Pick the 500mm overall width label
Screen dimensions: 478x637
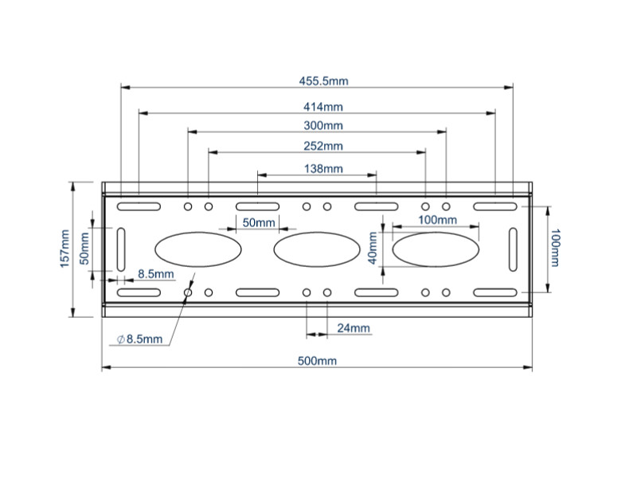317,361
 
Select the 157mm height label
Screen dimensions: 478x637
64,249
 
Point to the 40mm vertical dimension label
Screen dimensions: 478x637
371,249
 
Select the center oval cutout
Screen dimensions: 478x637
317,249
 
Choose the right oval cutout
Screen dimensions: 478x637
436,249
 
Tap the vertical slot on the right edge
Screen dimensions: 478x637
513,249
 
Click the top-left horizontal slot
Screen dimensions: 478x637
139,207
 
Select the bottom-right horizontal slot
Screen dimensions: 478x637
495,293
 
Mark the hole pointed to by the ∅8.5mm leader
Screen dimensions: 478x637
188,293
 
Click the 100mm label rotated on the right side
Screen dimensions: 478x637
557,249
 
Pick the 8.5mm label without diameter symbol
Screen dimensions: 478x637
155,274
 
